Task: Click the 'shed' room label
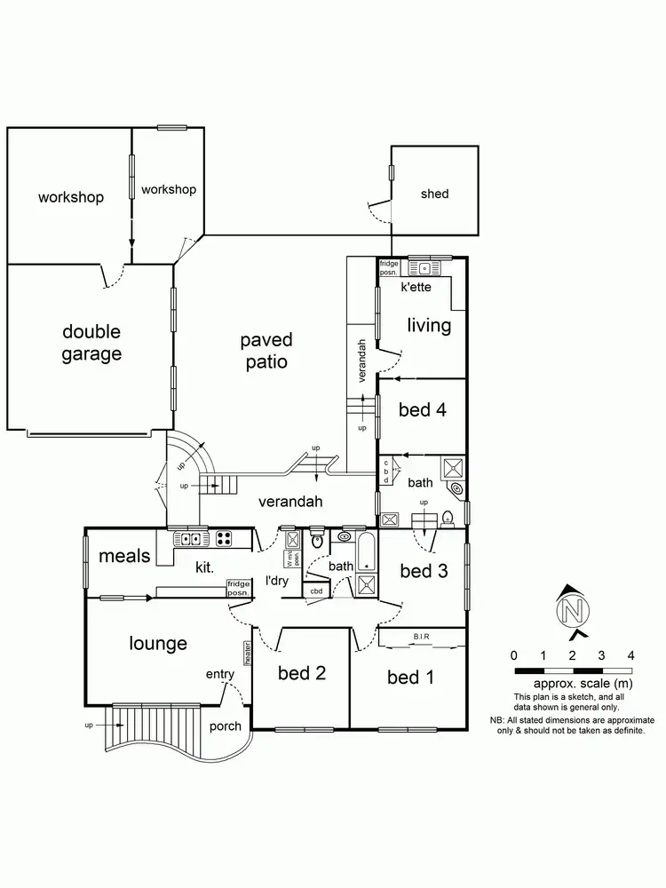coord(434,194)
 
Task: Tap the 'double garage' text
coord(91,343)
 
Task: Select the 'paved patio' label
coord(266,351)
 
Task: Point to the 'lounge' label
coord(157,643)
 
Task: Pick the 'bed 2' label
coord(301,673)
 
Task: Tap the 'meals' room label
coord(124,556)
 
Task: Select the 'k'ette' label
coord(416,289)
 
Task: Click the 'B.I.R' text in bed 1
coord(422,635)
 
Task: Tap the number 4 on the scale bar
coord(630,655)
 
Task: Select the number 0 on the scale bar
coord(515,655)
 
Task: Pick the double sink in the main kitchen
coord(188,537)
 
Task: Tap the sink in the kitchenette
coord(424,266)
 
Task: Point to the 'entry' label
coord(219,675)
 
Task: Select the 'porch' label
coord(225,725)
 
